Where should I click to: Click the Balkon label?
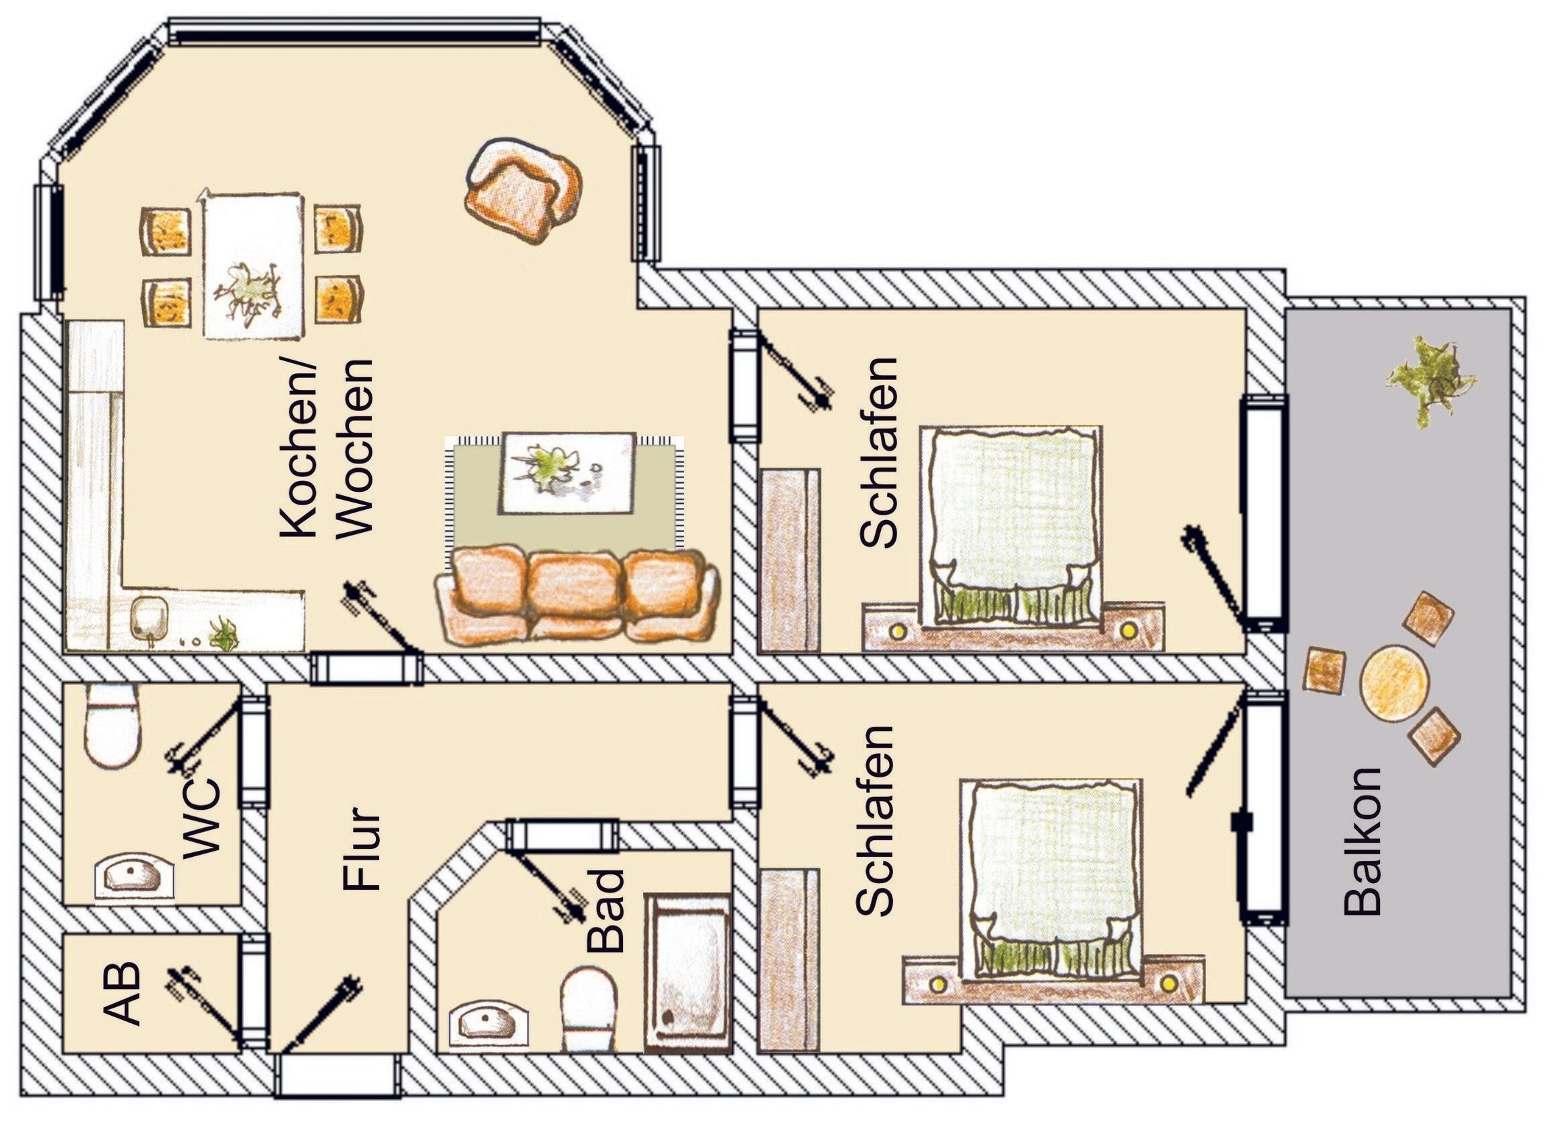[x=1362, y=841]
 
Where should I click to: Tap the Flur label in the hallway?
[x=360, y=849]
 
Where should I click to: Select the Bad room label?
[x=606, y=910]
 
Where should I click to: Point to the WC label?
[x=203, y=818]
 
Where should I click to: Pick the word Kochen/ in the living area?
[x=298, y=447]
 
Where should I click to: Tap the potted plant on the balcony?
[x=1430, y=381]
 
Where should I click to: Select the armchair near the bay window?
[x=523, y=189]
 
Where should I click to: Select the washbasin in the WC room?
[x=134, y=879]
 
